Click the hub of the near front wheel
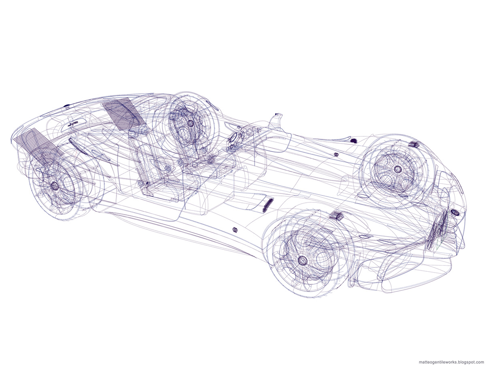[x=302, y=259]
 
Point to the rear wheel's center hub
[x=55, y=186]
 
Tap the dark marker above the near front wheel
[x=335, y=215]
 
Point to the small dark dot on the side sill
[x=234, y=230]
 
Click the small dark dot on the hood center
[x=336, y=155]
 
